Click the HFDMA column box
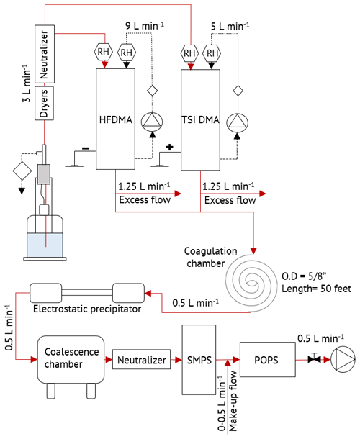click(115, 119)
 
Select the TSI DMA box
click(200, 120)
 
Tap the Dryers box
click(44, 103)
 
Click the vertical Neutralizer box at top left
click(45, 54)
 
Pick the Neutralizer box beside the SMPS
click(141, 359)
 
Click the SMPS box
click(199, 360)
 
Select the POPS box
click(268, 360)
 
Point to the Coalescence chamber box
click(71, 360)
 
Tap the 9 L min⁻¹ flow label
click(145, 26)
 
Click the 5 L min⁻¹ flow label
click(230, 27)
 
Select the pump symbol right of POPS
click(343, 360)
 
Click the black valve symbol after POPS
click(315, 359)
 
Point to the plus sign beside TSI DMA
click(169, 147)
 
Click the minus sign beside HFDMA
click(86, 148)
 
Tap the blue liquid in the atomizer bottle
click(45, 245)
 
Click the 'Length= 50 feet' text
click(316, 289)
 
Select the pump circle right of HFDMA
click(152, 122)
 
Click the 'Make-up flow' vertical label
click(233, 401)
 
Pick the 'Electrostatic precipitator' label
click(87, 309)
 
